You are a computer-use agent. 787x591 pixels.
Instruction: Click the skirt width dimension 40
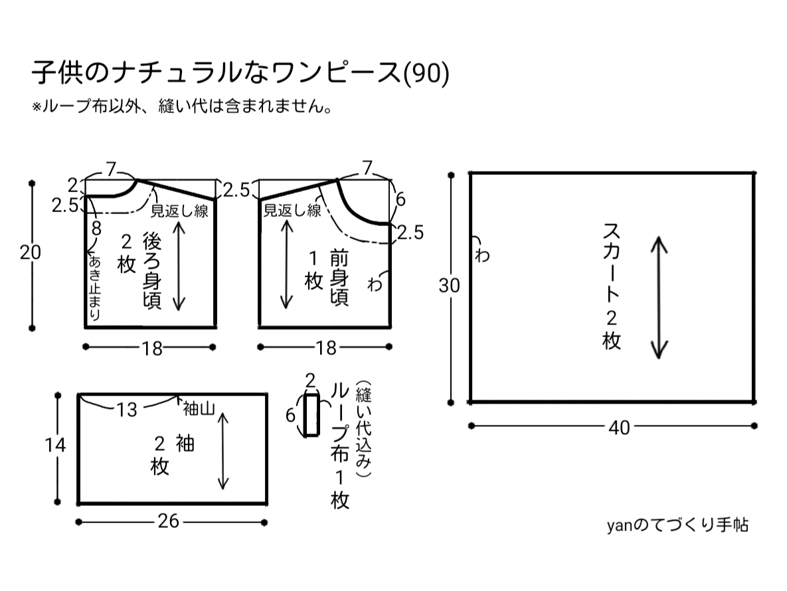(619, 428)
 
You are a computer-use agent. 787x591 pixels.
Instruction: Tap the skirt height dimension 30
(450, 285)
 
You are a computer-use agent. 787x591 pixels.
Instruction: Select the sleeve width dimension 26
(169, 522)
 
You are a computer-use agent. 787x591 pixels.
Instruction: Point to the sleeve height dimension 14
(55, 446)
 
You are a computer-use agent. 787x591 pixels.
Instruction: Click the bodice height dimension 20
(30, 253)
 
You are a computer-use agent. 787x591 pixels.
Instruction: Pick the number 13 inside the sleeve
(126, 410)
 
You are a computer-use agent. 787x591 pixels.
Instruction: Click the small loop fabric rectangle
(311, 415)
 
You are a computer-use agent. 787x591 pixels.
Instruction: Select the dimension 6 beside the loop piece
(290, 415)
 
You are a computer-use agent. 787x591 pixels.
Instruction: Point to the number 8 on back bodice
(96, 229)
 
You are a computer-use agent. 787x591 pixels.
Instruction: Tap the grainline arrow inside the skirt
(658, 297)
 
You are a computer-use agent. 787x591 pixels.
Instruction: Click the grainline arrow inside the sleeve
(224, 450)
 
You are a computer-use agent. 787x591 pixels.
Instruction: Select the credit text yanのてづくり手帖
(677, 525)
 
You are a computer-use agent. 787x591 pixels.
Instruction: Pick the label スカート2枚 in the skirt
(612, 286)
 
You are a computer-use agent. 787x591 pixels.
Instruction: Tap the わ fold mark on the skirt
(481, 253)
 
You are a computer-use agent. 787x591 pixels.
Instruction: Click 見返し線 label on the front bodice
(292, 211)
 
